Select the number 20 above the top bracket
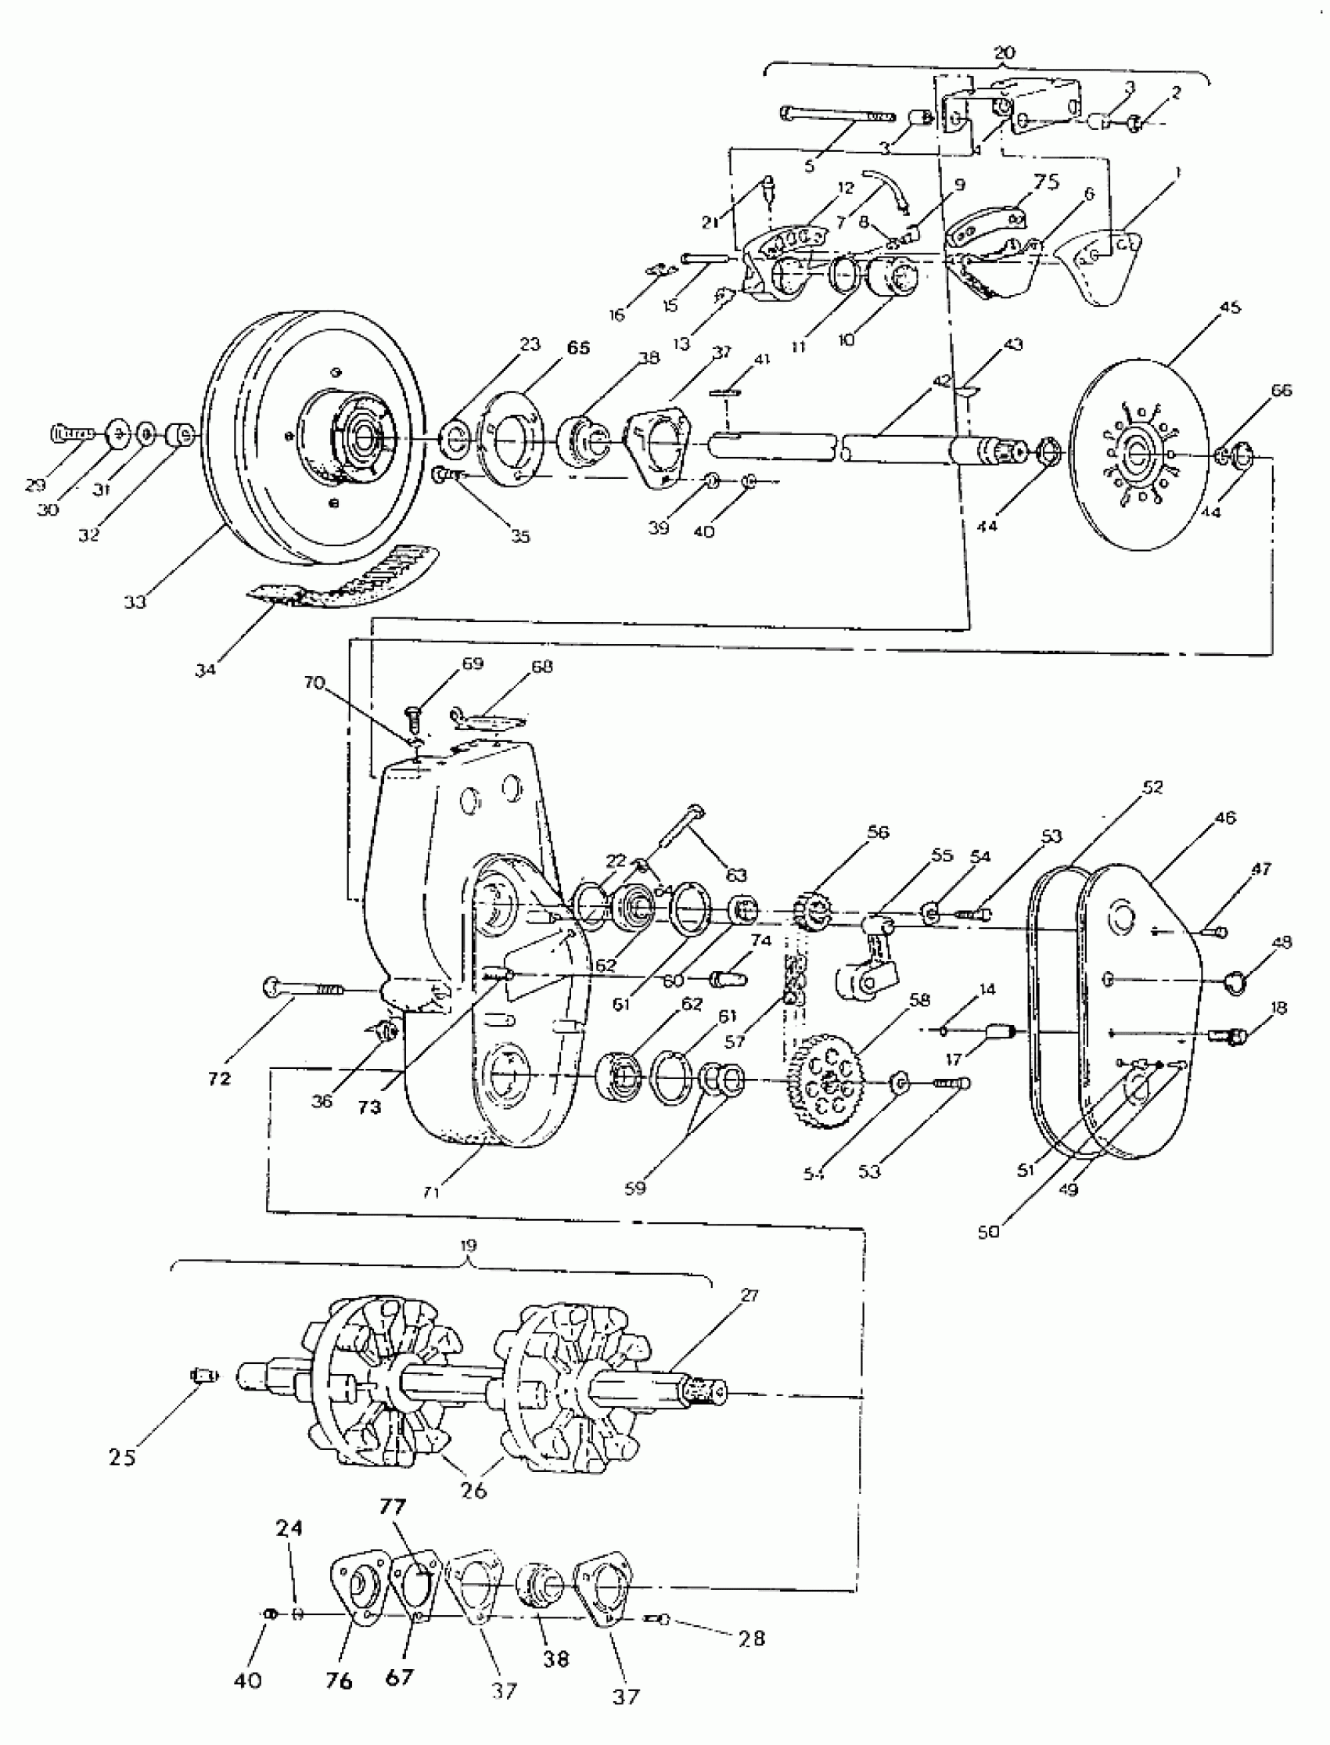point(1003,53)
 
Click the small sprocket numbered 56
point(811,912)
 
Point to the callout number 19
point(469,1246)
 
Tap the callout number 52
point(1152,787)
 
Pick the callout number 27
point(749,1295)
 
